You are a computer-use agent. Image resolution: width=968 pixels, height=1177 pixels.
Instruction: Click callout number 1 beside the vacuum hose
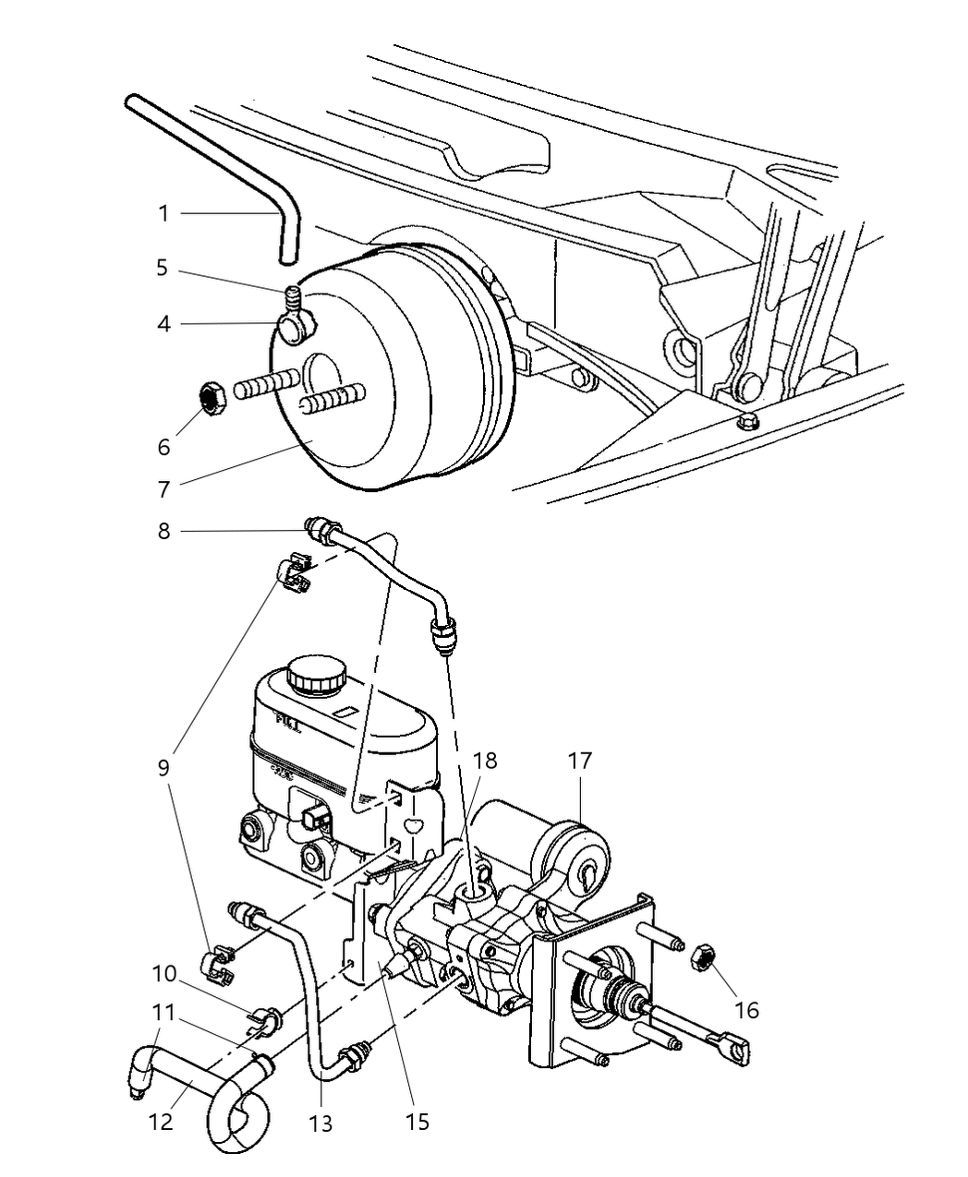163,214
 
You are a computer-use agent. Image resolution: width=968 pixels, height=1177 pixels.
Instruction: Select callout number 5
163,269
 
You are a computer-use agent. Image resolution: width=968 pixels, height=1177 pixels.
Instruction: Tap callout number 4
163,324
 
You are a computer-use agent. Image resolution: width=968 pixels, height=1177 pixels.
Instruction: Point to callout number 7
163,488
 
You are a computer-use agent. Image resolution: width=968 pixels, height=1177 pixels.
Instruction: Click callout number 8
163,531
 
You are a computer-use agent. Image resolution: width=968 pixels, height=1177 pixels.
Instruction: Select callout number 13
321,1123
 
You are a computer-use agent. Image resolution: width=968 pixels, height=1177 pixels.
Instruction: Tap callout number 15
417,1121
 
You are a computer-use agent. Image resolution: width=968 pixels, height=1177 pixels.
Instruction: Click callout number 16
745,1010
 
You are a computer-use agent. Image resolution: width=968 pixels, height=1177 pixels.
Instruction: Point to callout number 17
579,762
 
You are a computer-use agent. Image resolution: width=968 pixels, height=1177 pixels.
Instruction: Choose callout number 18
485,761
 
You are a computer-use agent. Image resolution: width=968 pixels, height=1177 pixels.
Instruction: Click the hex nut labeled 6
217,399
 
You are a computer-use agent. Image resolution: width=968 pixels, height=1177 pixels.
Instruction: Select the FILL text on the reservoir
288,725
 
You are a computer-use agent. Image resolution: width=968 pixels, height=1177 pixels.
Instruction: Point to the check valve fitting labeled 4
295,328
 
